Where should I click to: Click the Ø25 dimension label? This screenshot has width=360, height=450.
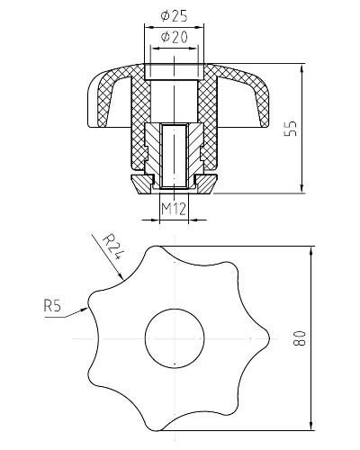[174, 16]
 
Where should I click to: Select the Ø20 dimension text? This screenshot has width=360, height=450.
[174, 37]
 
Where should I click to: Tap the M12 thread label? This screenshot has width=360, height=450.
[174, 209]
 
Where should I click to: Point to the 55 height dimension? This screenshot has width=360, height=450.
[291, 129]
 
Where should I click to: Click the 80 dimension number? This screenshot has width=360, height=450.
[299, 338]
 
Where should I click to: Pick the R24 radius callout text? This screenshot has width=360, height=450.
[112, 247]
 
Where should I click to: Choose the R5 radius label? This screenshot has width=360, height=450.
[52, 306]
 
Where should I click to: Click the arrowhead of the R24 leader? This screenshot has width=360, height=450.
[120, 274]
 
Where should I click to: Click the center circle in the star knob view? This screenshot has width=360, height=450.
[175, 338]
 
